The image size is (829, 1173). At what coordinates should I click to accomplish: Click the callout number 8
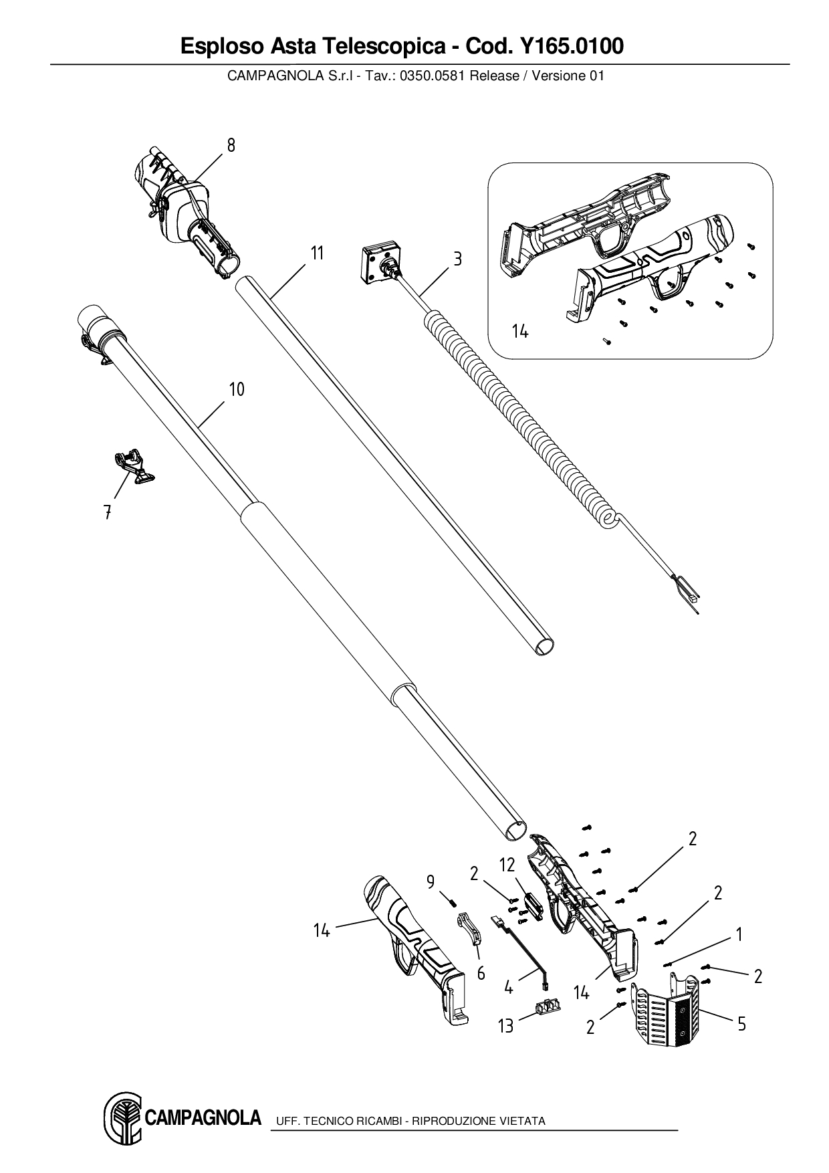(x=231, y=145)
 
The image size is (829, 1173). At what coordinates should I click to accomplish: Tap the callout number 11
(x=317, y=253)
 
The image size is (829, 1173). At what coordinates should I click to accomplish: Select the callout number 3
(x=457, y=259)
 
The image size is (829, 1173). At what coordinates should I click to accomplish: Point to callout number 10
(x=237, y=389)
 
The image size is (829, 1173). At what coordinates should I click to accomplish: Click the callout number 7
(x=107, y=513)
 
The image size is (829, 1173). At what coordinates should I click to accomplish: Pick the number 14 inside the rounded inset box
(x=520, y=331)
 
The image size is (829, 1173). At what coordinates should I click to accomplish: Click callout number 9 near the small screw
(x=431, y=882)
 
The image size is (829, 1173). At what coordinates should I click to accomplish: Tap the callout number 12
(x=507, y=865)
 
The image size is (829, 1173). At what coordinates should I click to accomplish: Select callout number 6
(x=481, y=973)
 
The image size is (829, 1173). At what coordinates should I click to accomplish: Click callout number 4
(x=509, y=986)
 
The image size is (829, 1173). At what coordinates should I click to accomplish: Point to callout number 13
(x=506, y=1025)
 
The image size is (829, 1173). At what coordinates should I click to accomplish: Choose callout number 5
(x=741, y=1023)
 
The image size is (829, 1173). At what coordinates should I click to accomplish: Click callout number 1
(x=739, y=934)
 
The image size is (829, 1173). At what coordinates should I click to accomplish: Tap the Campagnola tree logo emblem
(x=122, y=1117)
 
